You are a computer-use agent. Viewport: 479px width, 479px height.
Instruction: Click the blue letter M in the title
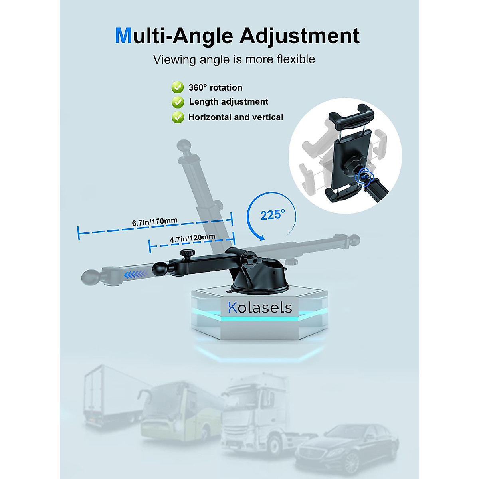(123, 36)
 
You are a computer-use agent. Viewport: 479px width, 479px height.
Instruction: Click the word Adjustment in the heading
(299, 36)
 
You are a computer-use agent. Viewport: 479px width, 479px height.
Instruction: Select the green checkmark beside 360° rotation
(178, 87)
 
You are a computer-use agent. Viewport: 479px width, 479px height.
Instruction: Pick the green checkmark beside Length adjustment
(178, 102)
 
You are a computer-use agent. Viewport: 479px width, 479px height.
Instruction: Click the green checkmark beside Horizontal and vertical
(178, 117)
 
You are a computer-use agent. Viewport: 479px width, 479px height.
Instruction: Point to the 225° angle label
(273, 215)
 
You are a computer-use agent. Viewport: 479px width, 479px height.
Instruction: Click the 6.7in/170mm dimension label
(155, 222)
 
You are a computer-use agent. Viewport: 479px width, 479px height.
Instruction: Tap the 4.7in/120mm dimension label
(192, 239)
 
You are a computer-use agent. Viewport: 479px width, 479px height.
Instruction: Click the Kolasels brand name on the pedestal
(260, 307)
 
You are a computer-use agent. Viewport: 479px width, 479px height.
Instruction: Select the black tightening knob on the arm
(187, 253)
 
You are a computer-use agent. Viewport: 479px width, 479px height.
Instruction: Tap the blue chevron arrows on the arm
(135, 274)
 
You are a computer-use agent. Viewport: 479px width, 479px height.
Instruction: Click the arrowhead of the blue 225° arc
(261, 238)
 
